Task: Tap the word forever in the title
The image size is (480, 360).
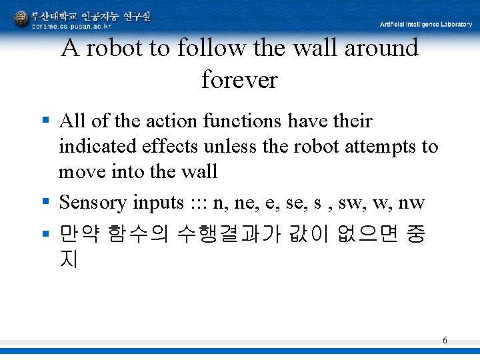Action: [239, 80]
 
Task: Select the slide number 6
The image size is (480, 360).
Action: [445, 341]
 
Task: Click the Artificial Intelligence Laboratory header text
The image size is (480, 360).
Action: [425, 24]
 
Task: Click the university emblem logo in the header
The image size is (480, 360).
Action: [21, 19]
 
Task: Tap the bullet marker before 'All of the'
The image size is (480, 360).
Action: [45, 121]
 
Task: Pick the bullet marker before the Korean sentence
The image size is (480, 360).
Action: [45, 233]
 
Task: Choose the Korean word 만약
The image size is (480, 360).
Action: [79, 234]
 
